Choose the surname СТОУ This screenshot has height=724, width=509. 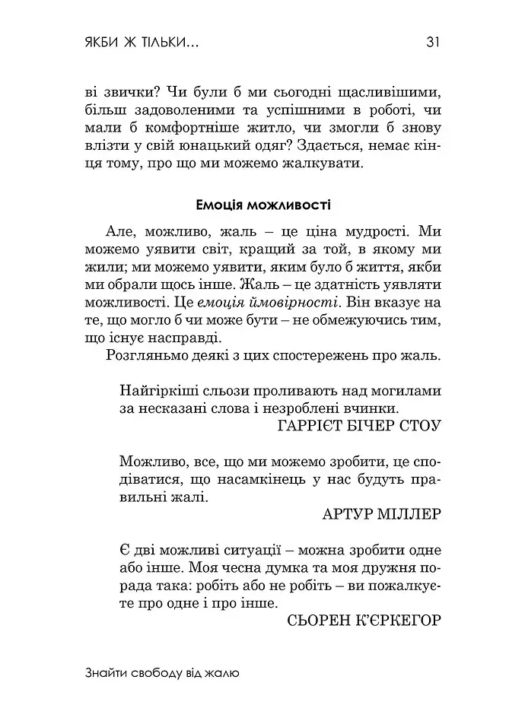419,426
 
